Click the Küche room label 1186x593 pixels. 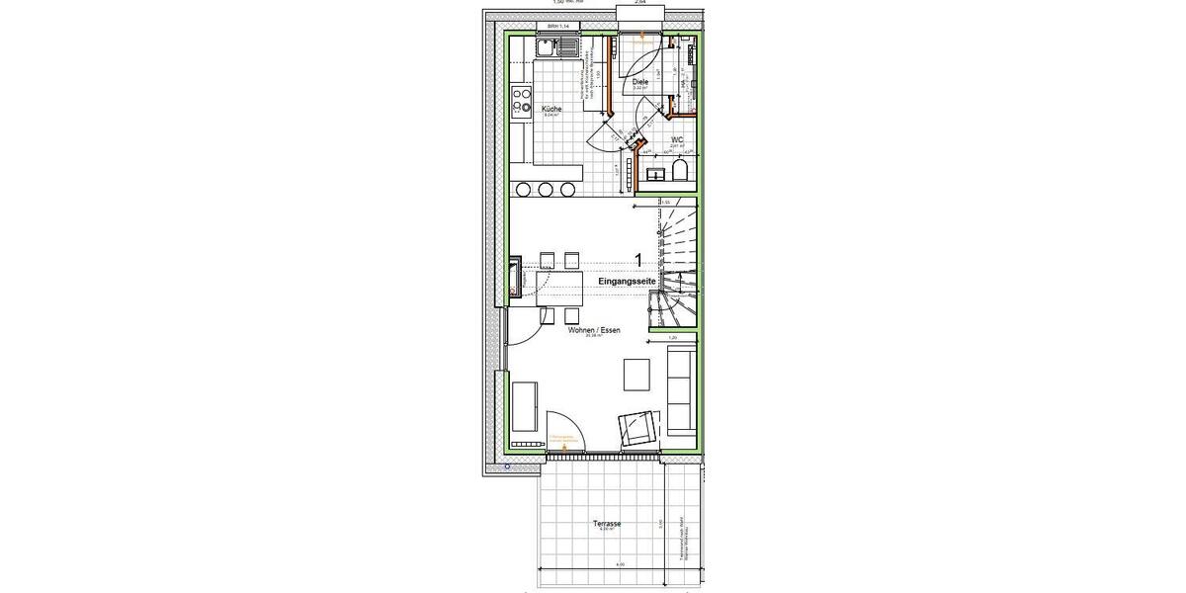[551, 108]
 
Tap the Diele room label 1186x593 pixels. [639, 82]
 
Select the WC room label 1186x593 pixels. [678, 139]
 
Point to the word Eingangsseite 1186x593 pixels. [626, 282]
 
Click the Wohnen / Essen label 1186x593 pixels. [594, 331]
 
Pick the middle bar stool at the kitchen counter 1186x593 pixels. [546, 189]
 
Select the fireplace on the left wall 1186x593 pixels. [517, 276]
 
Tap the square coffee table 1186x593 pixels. [637, 375]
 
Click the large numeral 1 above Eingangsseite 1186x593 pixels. [639, 260]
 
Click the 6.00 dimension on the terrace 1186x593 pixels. [619, 565]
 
